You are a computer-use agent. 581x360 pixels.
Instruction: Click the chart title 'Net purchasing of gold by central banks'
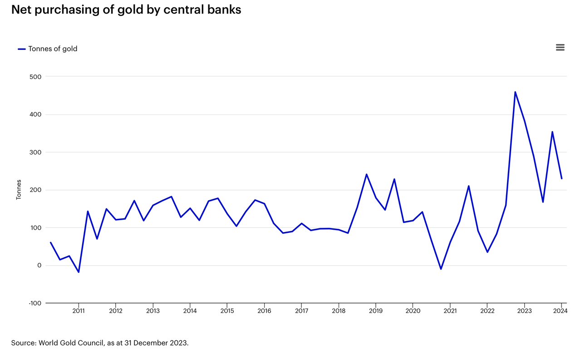click(x=126, y=10)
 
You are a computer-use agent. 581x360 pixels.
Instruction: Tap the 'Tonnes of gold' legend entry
click(x=53, y=49)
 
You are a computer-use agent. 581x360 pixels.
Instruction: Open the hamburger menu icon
click(x=560, y=48)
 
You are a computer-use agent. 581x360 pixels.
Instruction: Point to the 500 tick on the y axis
click(x=35, y=77)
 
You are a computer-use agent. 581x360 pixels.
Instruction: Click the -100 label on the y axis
click(x=34, y=303)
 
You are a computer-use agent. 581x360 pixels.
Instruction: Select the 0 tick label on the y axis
click(x=39, y=266)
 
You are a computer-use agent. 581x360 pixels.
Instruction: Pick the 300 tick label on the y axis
click(x=35, y=152)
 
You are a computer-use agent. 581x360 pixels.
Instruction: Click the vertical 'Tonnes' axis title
click(x=19, y=190)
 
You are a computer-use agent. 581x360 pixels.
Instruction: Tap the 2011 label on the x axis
click(x=79, y=311)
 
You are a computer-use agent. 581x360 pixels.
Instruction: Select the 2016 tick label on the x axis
click(x=264, y=311)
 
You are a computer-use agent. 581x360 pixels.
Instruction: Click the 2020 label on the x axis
click(x=413, y=311)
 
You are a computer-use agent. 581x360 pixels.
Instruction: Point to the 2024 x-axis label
click(x=561, y=311)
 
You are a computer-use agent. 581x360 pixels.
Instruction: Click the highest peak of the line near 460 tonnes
click(x=515, y=92)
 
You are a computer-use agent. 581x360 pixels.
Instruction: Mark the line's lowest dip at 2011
click(x=79, y=272)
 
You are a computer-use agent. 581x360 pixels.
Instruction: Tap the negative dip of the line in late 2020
click(x=440, y=269)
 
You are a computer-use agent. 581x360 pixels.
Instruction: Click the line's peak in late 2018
click(x=366, y=174)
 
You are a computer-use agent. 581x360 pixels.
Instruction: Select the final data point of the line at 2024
click(x=561, y=178)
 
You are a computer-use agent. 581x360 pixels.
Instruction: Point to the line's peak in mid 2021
click(x=468, y=186)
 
